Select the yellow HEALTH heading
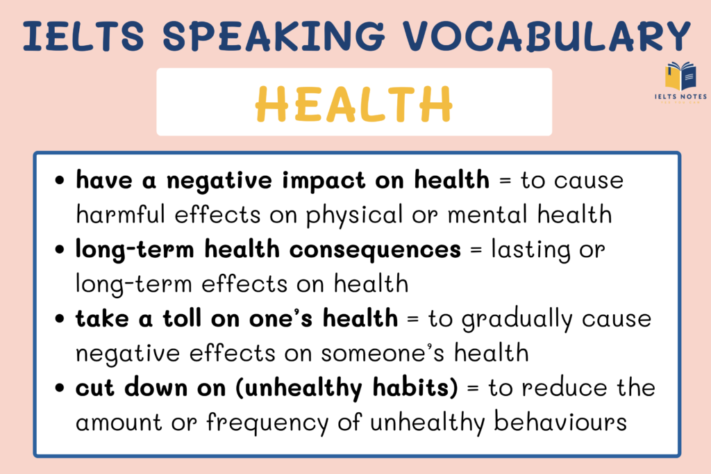[354, 103]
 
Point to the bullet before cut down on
[61, 388]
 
